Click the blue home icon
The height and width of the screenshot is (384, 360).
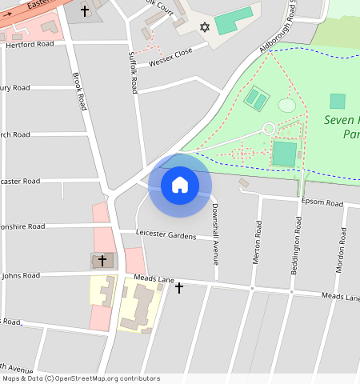pos(180,186)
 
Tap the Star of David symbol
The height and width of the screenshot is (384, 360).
pos(204,28)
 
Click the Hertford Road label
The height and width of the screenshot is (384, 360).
pos(30,44)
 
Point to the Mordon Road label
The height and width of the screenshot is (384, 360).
pos(340,253)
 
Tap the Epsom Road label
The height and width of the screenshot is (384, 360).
pos(323,203)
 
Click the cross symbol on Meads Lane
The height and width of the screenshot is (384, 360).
pos(179,287)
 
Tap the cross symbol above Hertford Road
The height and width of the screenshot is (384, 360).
pos(84,11)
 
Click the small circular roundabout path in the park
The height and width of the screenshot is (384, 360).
pos(270,128)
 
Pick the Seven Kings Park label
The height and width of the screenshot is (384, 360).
pos(342,127)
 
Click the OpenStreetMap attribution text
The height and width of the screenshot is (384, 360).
pos(81,378)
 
